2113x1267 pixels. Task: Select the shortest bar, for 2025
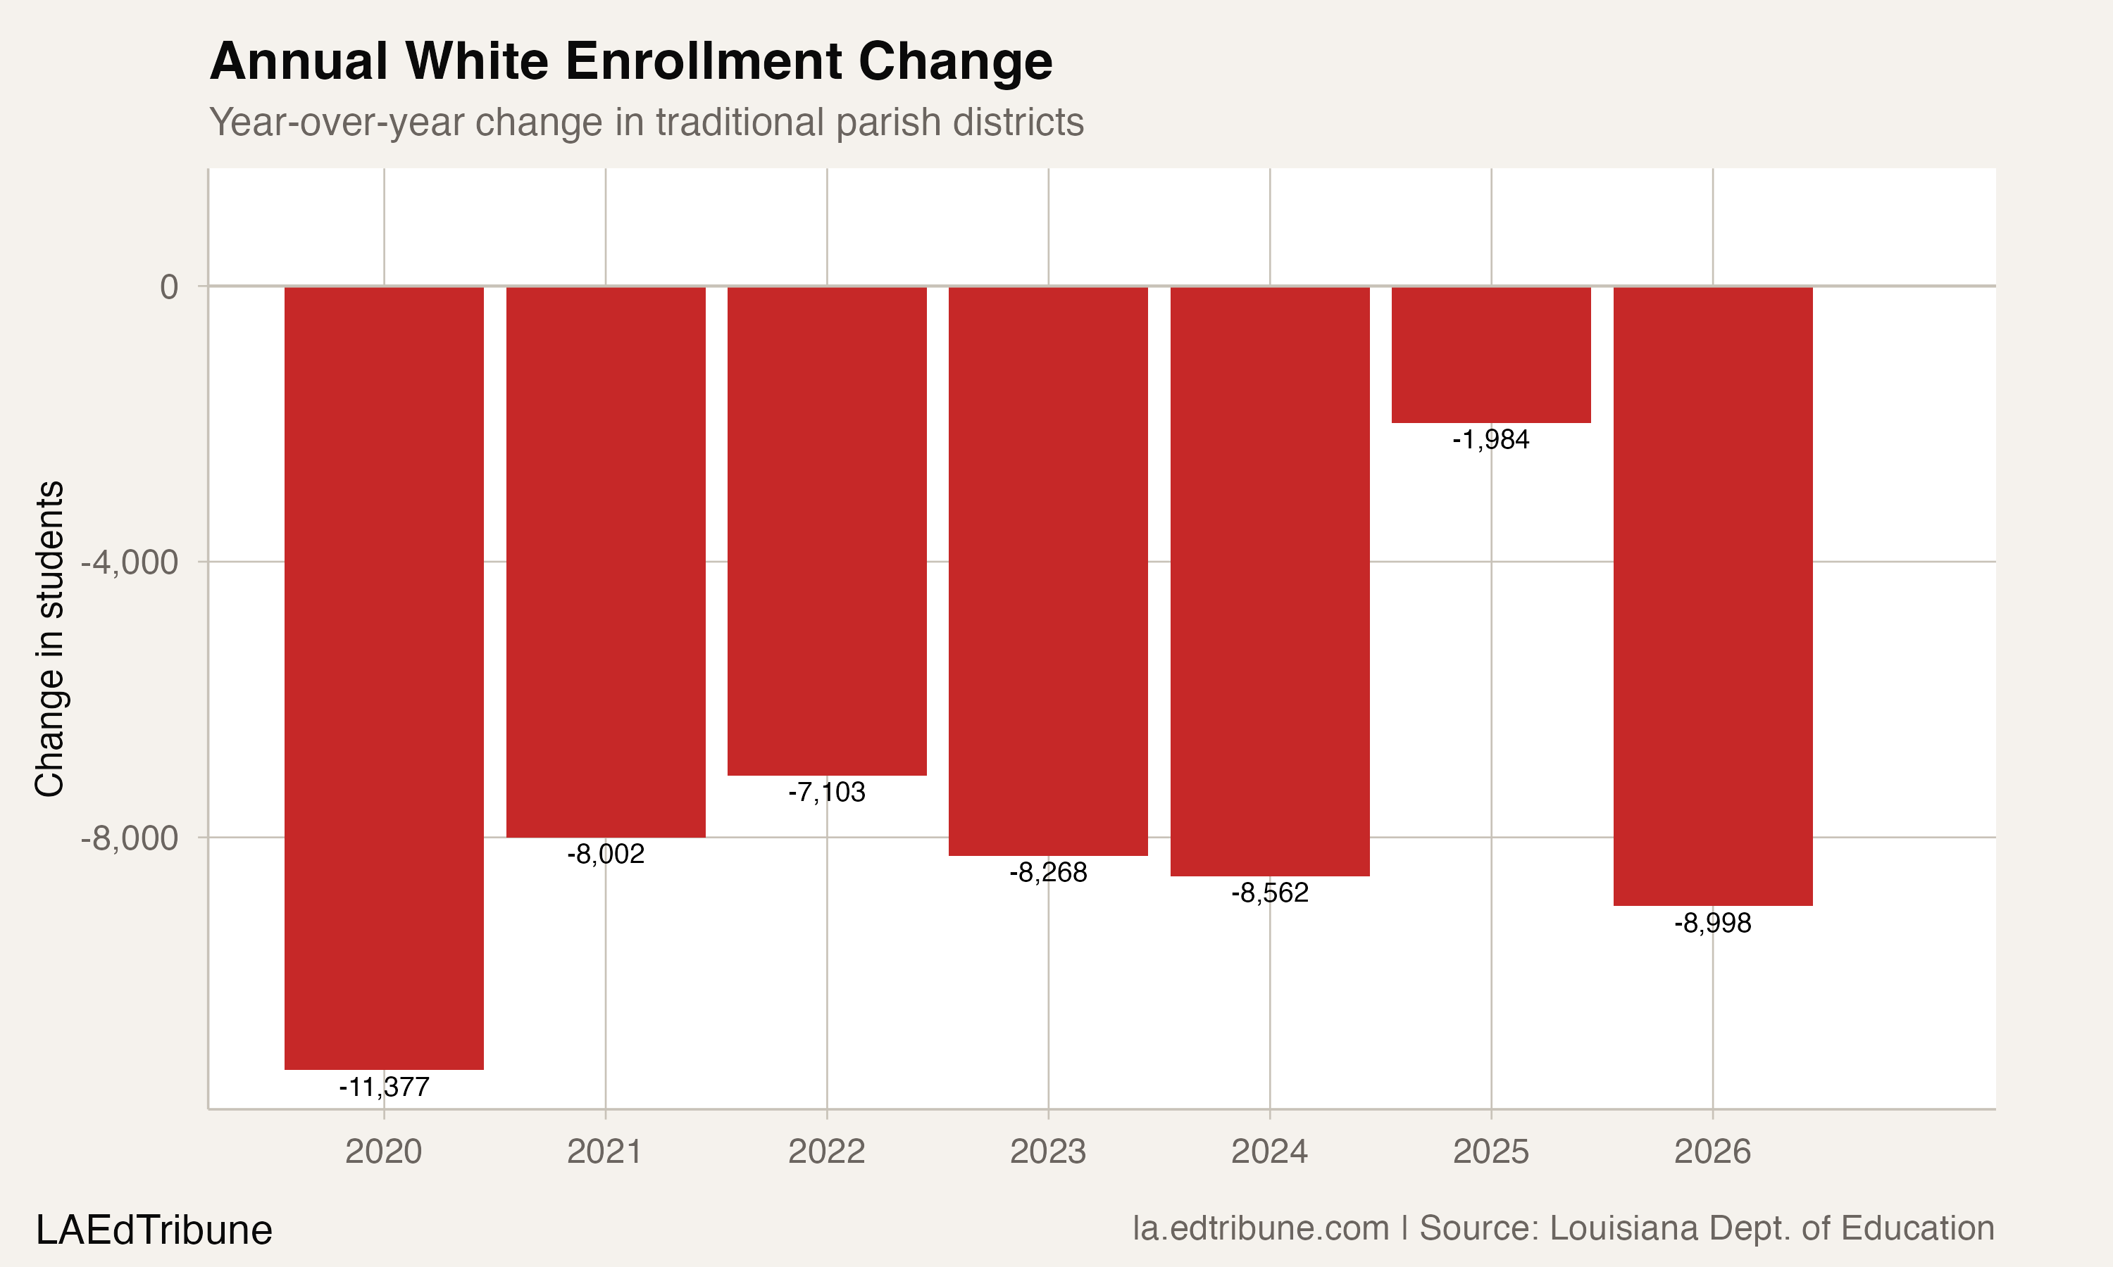pyautogui.click(x=1490, y=354)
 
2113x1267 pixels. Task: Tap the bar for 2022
pyautogui.click(x=827, y=531)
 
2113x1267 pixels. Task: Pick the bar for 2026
pyautogui.click(x=1712, y=596)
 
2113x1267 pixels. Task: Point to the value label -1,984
pyautogui.click(x=1490, y=440)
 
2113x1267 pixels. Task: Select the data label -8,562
pyautogui.click(x=1269, y=893)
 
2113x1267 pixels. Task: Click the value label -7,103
pyautogui.click(x=827, y=793)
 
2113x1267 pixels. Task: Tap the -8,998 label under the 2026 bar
pyautogui.click(x=1712, y=923)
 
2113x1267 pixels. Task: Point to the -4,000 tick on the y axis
pyautogui.click(x=130, y=562)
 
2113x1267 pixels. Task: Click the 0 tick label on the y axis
pyautogui.click(x=169, y=288)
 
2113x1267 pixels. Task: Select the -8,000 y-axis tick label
pyautogui.click(x=130, y=838)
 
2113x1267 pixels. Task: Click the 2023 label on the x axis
pyautogui.click(x=1048, y=1152)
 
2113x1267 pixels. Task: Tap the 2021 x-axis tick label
pyautogui.click(x=605, y=1152)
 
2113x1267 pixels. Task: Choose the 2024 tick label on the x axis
pyautogui.click(x=1269, y=1152)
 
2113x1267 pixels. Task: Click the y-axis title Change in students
pyautogui.click(x=49, y=638)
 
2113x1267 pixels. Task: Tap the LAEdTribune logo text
pyautogui.click(x=154, y=1230)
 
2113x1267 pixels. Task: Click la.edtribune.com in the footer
pyautogui.click(x=1261, y=1228)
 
